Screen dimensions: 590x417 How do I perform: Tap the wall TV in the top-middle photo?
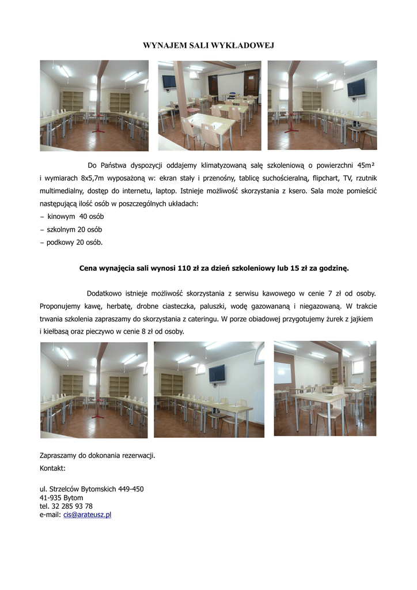[x=168, y=81]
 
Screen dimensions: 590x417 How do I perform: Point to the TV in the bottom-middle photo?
[x=217, y=373]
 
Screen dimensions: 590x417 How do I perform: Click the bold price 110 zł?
[x=189, y=268]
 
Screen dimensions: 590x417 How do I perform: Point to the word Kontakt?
[x=52, y=468]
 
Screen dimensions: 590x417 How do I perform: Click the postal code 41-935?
[x=52, y=497]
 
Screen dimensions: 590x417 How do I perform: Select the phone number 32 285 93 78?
[x=71, y=506]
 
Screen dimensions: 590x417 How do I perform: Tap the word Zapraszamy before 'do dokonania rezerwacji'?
[x=59, y=455]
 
